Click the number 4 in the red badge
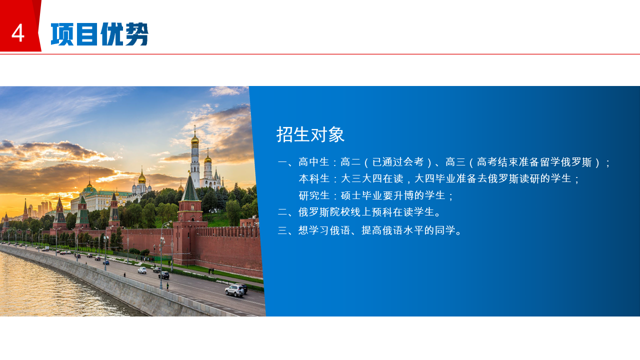[17, 33]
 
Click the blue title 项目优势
[99, 34]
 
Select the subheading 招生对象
[310, 134]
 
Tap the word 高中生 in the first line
[314, 162]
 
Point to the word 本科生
[314, 179]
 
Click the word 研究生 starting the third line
[314, 195]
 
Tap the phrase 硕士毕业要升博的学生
[393, 195]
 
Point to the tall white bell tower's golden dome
[195, 139]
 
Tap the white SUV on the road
[235, 290]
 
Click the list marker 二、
[287, 212]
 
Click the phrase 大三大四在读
[372, 179]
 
